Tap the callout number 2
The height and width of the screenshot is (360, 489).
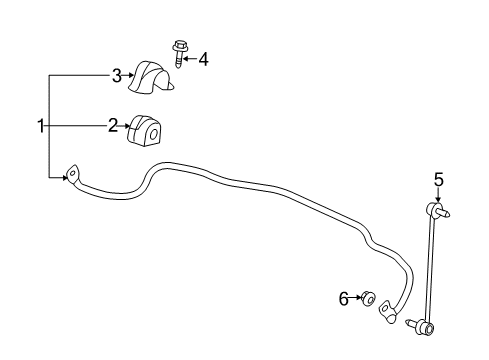coord(113,125)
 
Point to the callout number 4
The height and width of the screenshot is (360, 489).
coord(203,59)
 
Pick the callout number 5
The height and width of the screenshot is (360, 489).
coord(437,180)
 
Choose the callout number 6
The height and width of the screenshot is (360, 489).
coord(344,297)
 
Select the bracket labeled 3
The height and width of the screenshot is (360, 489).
coord(153,78)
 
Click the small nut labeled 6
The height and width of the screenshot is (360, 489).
coord(368,297)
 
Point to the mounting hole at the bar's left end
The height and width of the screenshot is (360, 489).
coord(72,176)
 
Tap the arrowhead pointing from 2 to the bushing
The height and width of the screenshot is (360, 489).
coord(126,125)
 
